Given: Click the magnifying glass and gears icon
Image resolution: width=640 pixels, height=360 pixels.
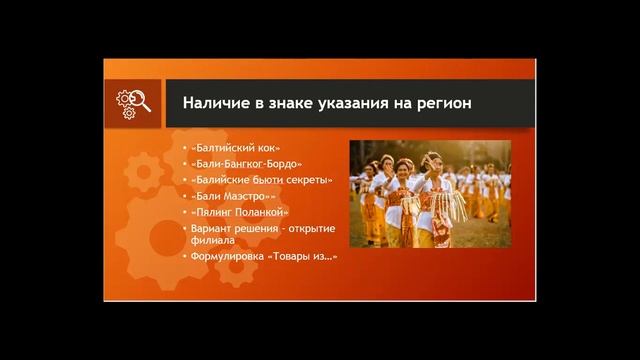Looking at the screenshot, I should tap(134, 103).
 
